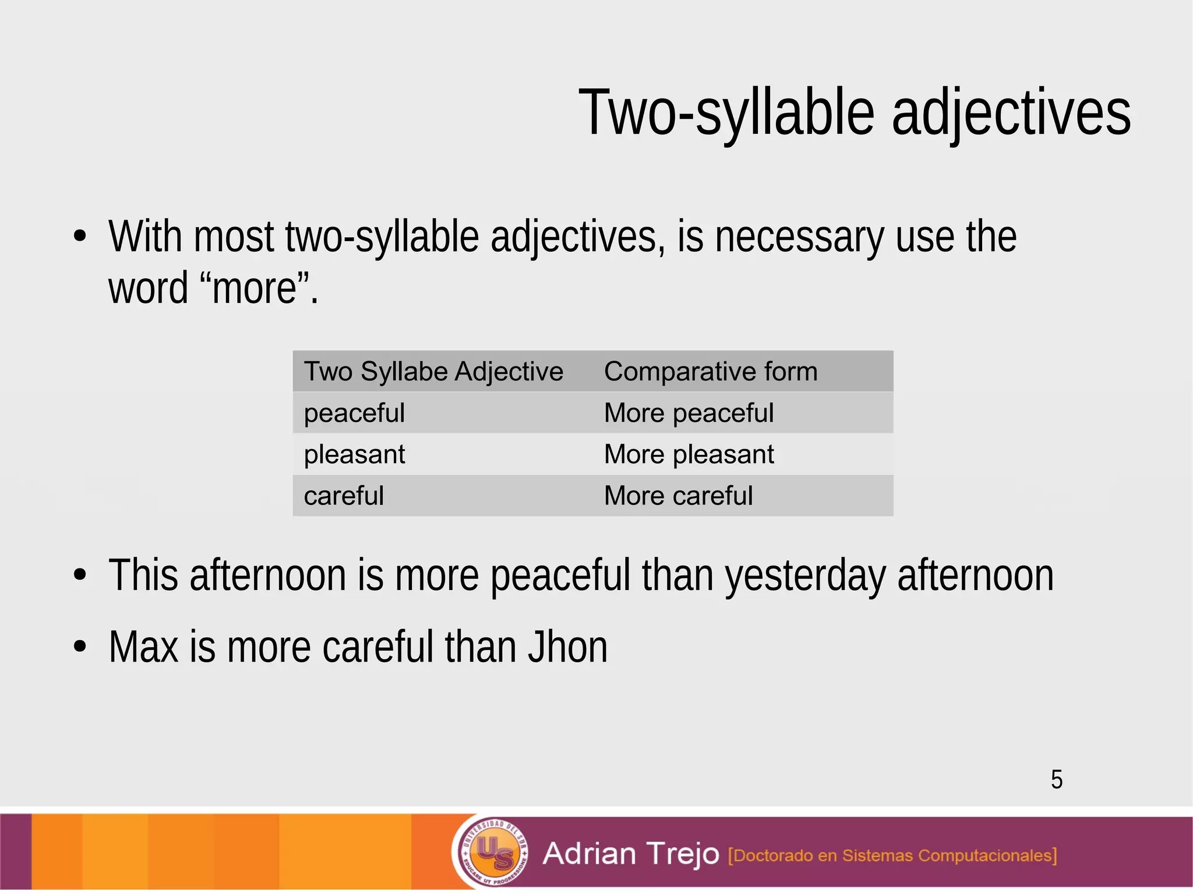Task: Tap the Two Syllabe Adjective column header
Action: tap(433, 372)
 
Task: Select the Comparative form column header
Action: tap(711, 372)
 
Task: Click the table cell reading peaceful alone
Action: tap(354, 413)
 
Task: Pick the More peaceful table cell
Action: tap(689, 413)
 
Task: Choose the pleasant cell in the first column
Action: tap(354, 454)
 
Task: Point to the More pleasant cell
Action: tap(689, 454)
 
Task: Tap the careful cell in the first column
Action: tap(344, 496)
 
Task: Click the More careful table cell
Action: tap(678, 496)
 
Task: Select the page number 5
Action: tap(1057, 779)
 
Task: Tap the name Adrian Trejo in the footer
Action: tap(631, 854)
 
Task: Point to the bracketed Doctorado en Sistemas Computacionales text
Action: tap(892, 855)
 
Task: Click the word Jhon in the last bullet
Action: tap(567, 647)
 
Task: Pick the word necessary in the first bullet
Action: tap(799, 237)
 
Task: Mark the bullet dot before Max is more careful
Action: tap(80, 646)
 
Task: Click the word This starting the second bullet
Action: tap(143, 575)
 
